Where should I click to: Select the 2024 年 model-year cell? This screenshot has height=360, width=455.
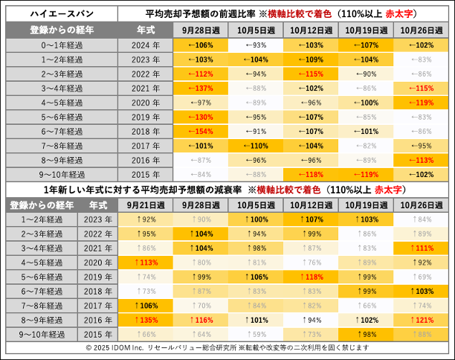(146, 45)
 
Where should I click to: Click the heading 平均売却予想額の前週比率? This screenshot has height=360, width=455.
(201, 15)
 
